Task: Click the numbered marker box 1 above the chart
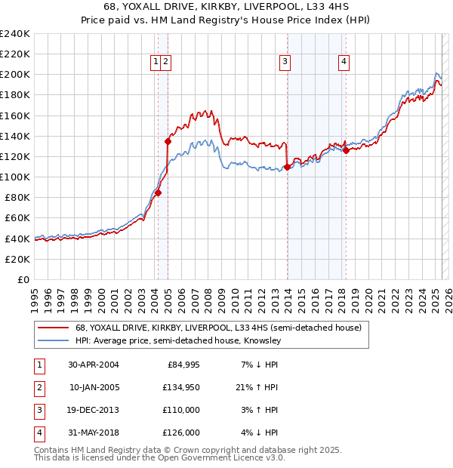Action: pos(156,62)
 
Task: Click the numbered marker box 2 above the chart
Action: pos(166,62)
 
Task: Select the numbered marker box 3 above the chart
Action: pos(285,62)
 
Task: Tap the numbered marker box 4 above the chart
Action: pos(344,62)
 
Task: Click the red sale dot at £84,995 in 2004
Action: pos(159,192)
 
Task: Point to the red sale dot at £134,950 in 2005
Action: pos(168,141)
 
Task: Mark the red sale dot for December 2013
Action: pos(288,167)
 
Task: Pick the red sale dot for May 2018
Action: pos(346,150)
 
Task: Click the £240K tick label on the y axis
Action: pos(15,34)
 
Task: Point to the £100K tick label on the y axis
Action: pos(15,177)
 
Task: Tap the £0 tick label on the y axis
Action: pos(23,279)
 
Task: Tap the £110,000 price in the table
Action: pos(182,410)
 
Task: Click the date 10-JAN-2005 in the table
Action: pos(94,387)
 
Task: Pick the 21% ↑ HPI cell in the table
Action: pos(257,387)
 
